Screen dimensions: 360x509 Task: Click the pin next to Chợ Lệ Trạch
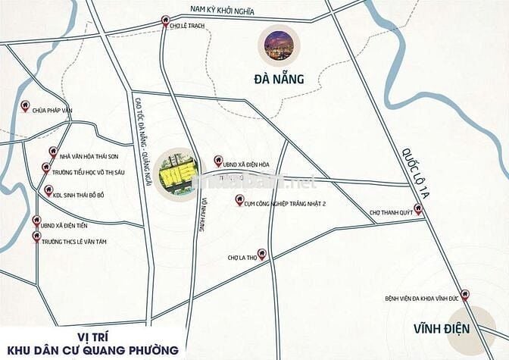[x=166, y=23]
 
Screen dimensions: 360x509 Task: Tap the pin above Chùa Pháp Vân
[x=25, y=107]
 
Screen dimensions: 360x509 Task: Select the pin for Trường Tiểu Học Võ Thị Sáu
[x=46, y=167]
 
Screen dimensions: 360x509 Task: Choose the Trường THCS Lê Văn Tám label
[x=75, y=238]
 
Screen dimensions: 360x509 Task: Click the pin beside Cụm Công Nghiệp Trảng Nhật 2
[x=240, y=202]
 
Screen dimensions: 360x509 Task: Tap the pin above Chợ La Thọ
[x=262, y=253]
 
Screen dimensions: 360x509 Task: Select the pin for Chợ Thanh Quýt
[x=419, y=210]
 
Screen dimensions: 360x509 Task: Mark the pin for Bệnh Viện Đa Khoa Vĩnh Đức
[x=465, y=294]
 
